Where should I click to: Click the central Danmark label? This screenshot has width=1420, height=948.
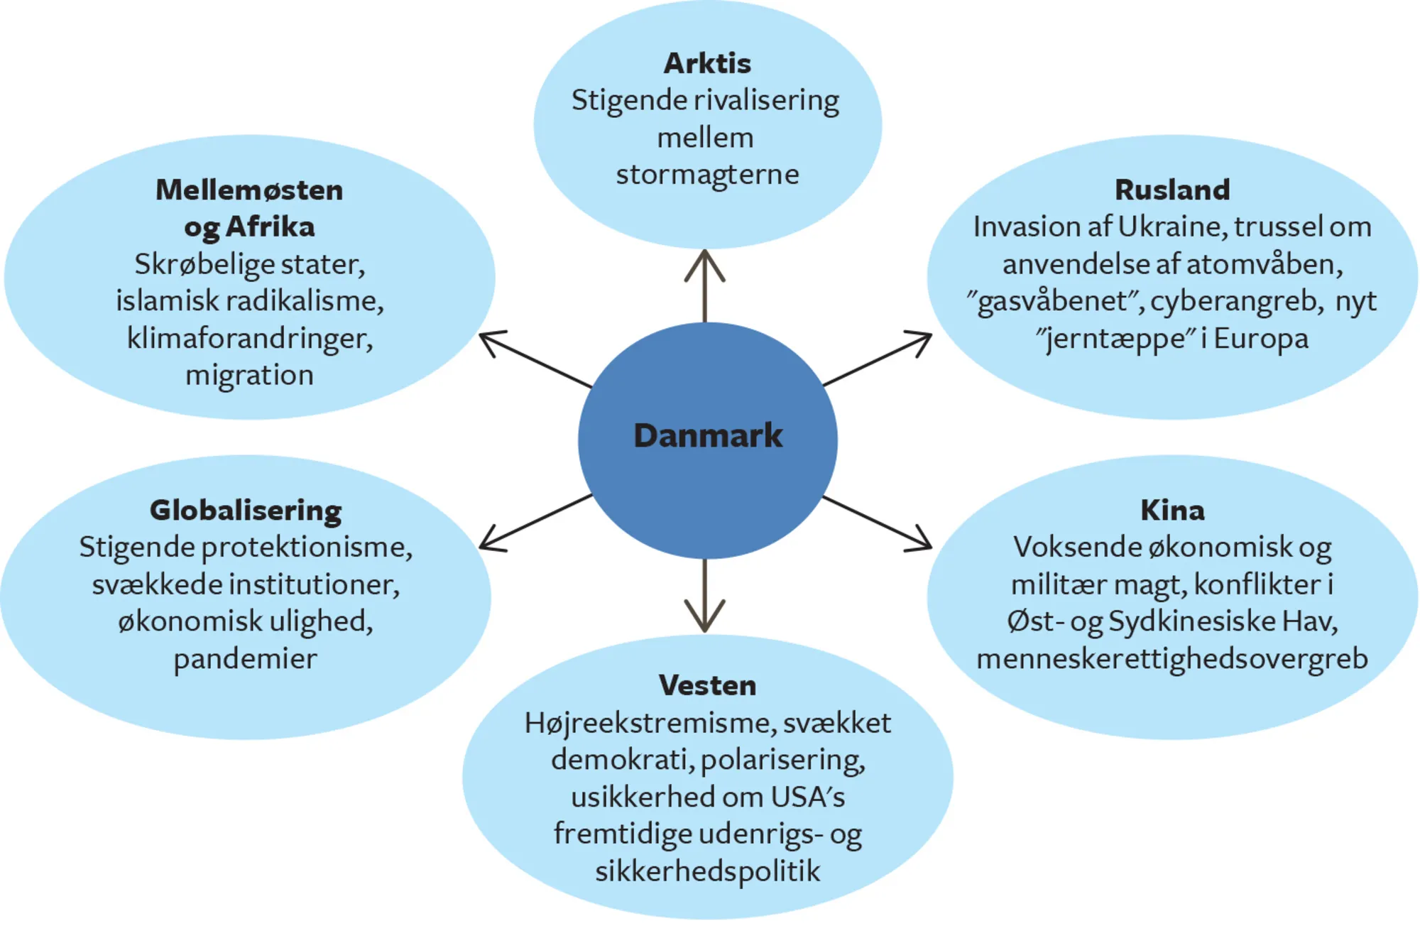pyautogui.click(x=707, y=435)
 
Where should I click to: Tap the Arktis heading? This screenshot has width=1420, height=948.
pyautogui.click(x=707, y=64)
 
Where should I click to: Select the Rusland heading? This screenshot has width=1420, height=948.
pyautogui.click(x=1172, y=190)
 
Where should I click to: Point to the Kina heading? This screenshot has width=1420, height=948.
pyautogui.click(x=1172, y=510)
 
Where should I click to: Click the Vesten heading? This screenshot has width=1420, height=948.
pyautogui.click(x=707, y=685)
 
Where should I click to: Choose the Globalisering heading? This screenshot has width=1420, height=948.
pyautogui.click(x=246, y=510)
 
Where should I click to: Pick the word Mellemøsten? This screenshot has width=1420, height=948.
pyautogui.click(x=249, y=190)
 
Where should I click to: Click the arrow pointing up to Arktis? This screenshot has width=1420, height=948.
pyautogui.click(x=704, y=284)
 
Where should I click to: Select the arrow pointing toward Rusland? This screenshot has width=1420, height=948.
pyautogui.click(x=877, y=359)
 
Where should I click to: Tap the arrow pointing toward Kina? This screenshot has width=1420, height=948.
pyautogui.click(x=877, y=523)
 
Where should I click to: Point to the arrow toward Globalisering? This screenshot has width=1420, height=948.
pyautogui.click(x=535, y=522)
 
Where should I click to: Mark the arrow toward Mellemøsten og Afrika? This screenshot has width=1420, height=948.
pyautogui.click(x=535, y=359)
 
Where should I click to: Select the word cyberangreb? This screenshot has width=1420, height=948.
pyautogui.click(x=1236, y=301)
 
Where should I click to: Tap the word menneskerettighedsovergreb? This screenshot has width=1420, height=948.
pyautogui.click(x=1172, y=659)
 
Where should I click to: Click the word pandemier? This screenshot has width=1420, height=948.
pyautogui.click(x=246, y=659)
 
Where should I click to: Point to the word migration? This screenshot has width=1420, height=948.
pyautogui.click(x=249, y=375)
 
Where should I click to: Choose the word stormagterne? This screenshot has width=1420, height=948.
pyautogui.click(x=707, y=175)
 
